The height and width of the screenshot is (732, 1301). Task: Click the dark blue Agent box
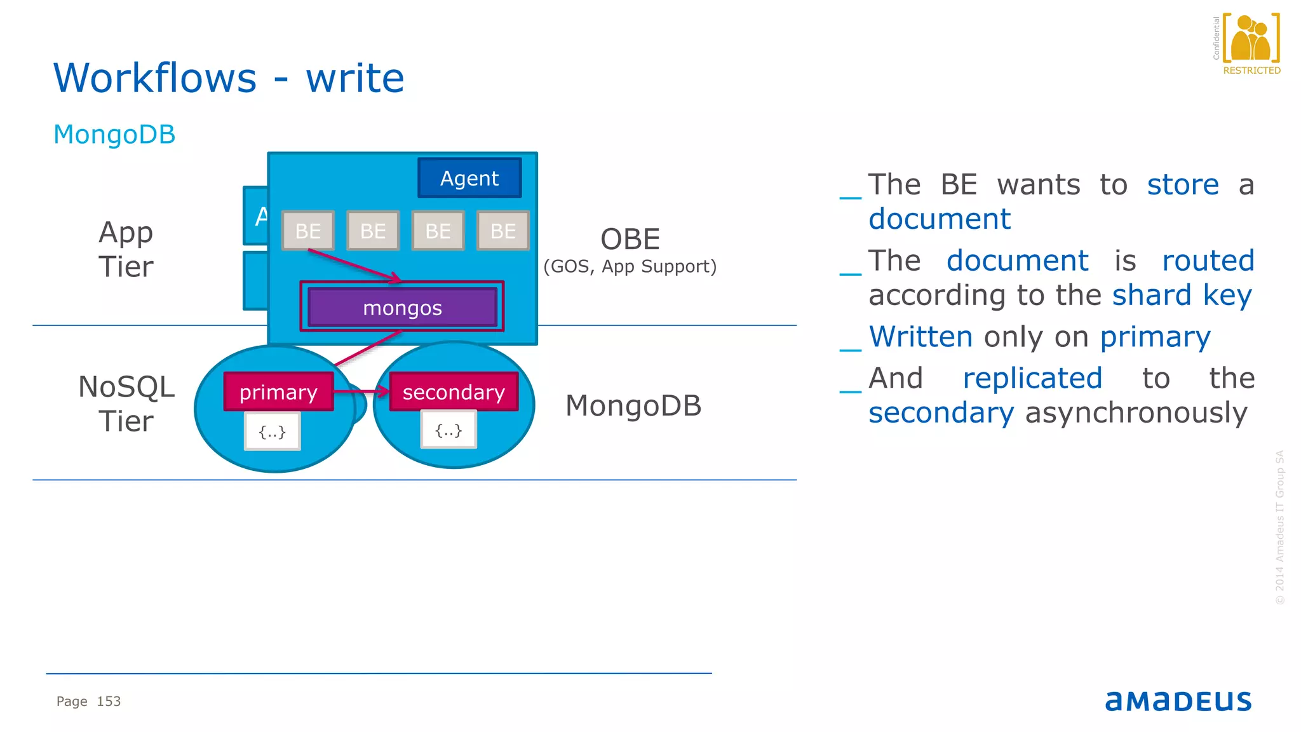(469, 178)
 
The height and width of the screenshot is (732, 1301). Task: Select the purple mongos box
(402, 308)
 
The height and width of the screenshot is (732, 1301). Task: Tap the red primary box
(278, 392)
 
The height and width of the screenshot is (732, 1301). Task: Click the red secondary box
(454, 392)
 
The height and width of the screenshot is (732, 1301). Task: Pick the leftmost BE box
(308, 231)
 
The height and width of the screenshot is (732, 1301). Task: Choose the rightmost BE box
(502, 231)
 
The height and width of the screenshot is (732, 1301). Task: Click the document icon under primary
(272, 432)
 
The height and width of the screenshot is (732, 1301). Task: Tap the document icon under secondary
(448, 431)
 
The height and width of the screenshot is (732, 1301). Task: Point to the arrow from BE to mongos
(354, 265)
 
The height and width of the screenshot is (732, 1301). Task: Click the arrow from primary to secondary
(360, 391)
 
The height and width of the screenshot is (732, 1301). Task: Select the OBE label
(630, 240)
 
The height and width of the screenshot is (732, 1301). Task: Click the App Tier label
(126, 249)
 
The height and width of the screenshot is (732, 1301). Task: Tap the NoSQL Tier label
(126, 404)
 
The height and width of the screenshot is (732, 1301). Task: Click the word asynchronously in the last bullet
(1136, 413)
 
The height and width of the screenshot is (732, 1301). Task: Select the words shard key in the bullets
(1182, 295)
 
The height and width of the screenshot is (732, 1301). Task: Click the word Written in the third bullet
(920, 337)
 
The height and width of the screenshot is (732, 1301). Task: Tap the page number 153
(109, 701)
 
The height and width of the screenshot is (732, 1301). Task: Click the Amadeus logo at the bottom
(1178, 701)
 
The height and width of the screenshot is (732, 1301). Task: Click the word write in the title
(355, 78)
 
